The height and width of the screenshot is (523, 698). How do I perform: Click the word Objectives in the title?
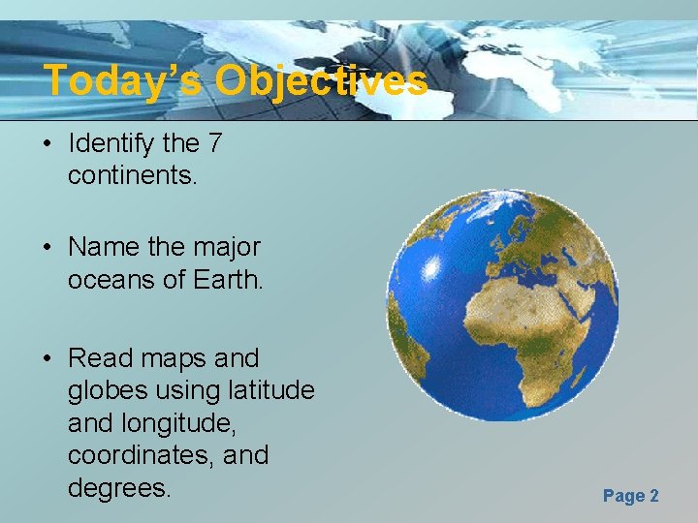click(321, 81)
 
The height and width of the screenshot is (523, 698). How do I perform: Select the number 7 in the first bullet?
click(214, 143)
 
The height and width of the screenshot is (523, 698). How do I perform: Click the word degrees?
click(119, 487)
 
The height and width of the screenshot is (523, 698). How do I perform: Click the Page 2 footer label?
click(630, 496)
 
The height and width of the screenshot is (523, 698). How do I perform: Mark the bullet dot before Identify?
click(47, 145)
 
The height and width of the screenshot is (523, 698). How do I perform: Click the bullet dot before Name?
click(47, 249)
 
